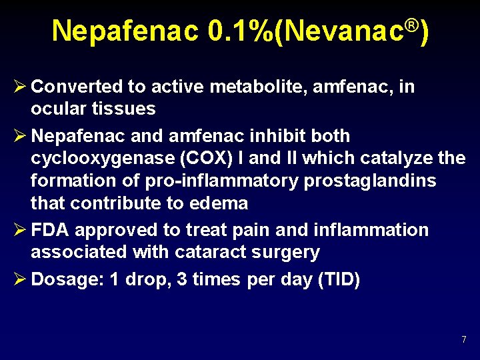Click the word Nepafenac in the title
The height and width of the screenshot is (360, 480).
(x=125, y=31)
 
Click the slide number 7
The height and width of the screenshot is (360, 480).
(x=463, y=340)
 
